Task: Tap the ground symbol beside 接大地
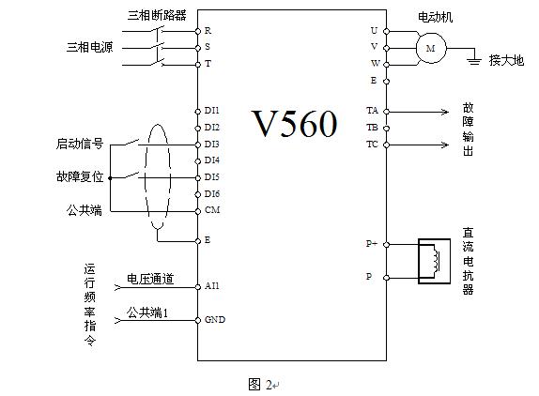[x=474, y=61]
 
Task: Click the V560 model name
[x=295, y=124]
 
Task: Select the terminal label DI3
[x=212, y=145]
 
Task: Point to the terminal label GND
[x=215, y=319]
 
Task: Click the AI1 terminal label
[x=212, y=286]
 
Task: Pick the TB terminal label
[x=372, y=128]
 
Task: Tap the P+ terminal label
[x=372, y=243]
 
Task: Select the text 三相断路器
[x=157, y=15]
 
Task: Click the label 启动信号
[x=80, y=144]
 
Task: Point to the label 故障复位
[x=80, y=176]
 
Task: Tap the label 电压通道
[x=150, y=279]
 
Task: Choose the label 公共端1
[x=147, y=312]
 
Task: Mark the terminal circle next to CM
[x=197, y=211]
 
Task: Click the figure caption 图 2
[x=260, y=385]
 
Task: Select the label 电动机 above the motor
[x=435, y=17]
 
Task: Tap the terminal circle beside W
[x=386, y=65]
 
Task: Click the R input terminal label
[x=208, y=31]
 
